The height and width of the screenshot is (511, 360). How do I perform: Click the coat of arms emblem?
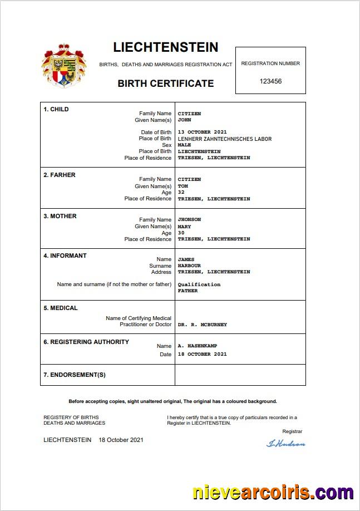click(63, 66)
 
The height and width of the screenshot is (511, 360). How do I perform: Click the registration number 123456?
click(270, 81)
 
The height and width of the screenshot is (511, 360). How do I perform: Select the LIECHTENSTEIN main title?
click(166, 47)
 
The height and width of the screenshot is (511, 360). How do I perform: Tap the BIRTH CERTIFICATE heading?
click(165, 83)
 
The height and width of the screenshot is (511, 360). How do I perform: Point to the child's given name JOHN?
click(185, 120)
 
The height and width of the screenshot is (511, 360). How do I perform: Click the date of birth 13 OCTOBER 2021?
click(202, 132)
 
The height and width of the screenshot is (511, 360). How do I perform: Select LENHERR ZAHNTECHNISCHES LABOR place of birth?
click(224, 139)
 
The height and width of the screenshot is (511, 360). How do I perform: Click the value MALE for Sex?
click(184, 145)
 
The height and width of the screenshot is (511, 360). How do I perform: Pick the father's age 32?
click(181, 193)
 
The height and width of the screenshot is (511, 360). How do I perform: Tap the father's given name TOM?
click(183, 186)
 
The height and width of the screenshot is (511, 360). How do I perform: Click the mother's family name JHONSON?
click(189, 219)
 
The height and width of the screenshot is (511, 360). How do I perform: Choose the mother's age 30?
click(181, 233)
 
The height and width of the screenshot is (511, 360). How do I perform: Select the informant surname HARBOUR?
click(189, 266)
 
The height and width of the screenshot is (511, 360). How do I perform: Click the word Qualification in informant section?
click(199, 284)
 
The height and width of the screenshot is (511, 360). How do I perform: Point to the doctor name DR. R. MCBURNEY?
click(202, 325)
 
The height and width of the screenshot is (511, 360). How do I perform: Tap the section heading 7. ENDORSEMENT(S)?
click(75, 375)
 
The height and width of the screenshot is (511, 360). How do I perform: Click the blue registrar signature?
click(286, 444)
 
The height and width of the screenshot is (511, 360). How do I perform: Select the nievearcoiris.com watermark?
click(273, 493)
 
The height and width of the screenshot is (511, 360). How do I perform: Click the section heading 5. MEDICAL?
click(61, 308)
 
